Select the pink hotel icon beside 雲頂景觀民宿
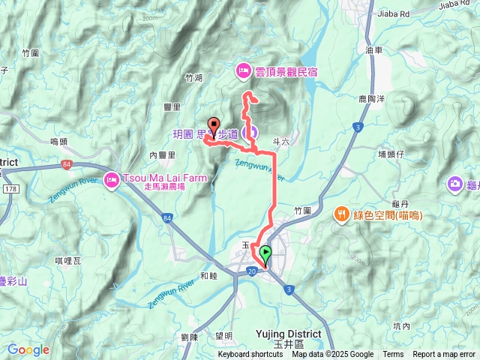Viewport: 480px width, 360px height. [244, 71]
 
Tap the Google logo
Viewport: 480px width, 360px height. [28, 349]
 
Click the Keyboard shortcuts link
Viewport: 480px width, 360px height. [250, 355]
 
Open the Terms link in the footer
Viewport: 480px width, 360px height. [393, 355]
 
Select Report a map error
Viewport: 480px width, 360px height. [444, 355]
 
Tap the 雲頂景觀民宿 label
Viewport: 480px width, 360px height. [288, 71]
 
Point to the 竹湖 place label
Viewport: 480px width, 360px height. [193, 77]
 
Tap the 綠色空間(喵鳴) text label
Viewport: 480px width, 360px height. [387, 215]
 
